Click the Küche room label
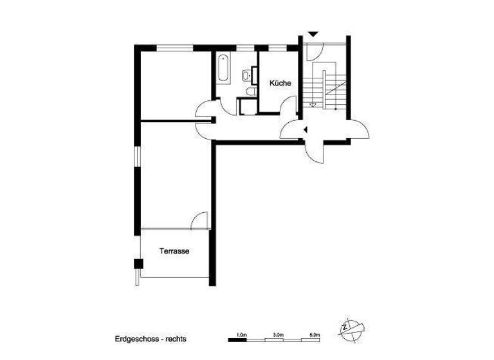(280, 83)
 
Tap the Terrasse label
(174, 252)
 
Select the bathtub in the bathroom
(223, 69)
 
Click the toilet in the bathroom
(251, 92)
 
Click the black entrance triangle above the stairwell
(313, 33)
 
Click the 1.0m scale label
(241, 334)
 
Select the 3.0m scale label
(278, 334)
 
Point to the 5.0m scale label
(315, 334)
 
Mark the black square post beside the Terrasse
(137, 263)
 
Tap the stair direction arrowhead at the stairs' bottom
(313, 104)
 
